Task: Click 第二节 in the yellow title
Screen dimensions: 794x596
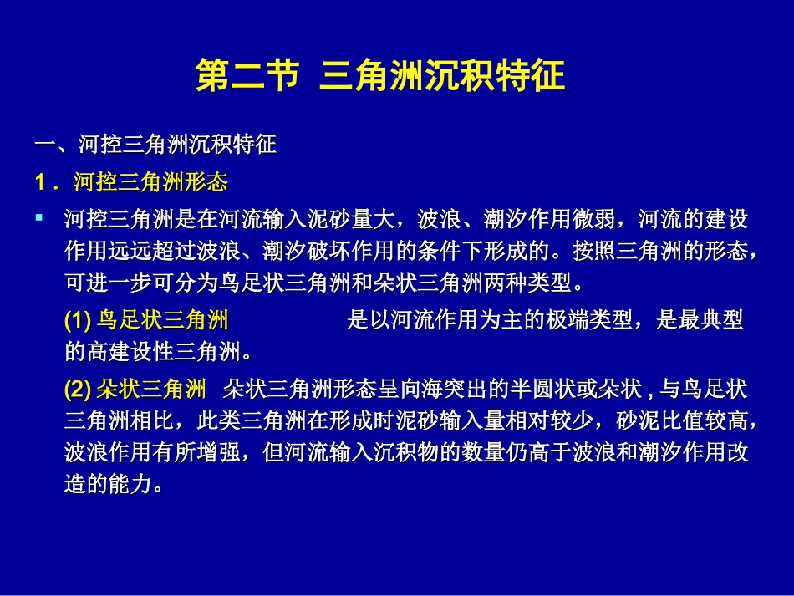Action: point(247,75)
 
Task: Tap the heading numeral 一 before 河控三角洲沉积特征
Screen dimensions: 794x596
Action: point(44,145)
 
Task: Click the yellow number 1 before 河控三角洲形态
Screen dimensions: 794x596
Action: point(40,182)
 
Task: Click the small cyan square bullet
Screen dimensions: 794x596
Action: point(39,218)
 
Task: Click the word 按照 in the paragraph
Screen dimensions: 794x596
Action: point(594,250)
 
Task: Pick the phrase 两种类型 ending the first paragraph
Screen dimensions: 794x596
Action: point(527,282)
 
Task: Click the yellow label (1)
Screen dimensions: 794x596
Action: point(78,320)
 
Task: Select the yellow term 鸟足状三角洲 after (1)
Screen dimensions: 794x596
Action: point(162,320)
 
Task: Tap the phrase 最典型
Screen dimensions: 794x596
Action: point(700,320)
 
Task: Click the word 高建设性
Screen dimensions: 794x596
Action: point(120,351)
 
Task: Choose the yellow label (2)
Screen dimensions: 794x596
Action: point(78,390)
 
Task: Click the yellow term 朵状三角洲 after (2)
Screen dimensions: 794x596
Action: point(151,390)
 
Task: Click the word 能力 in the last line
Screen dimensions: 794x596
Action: point(130,484)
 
